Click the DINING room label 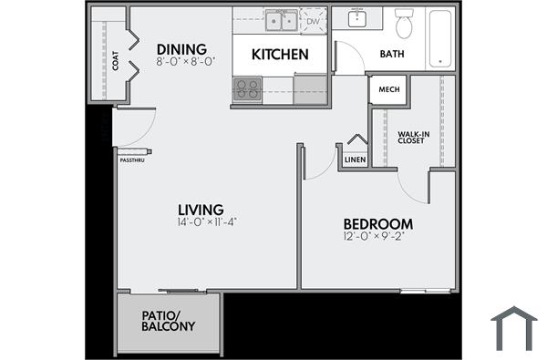coord(181,49)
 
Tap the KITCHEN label coord(280,55)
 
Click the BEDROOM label coord(377,224)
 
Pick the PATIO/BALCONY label coord(168,321)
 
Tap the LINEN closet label coord(355,159)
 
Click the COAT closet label coord(116,61)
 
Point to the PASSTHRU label coord(132,160)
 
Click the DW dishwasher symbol coord(313,20)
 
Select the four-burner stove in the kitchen coord(248,88)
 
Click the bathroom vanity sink coord(357,18)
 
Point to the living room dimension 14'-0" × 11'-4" coord(208,222)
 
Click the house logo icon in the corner coord(514,329)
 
